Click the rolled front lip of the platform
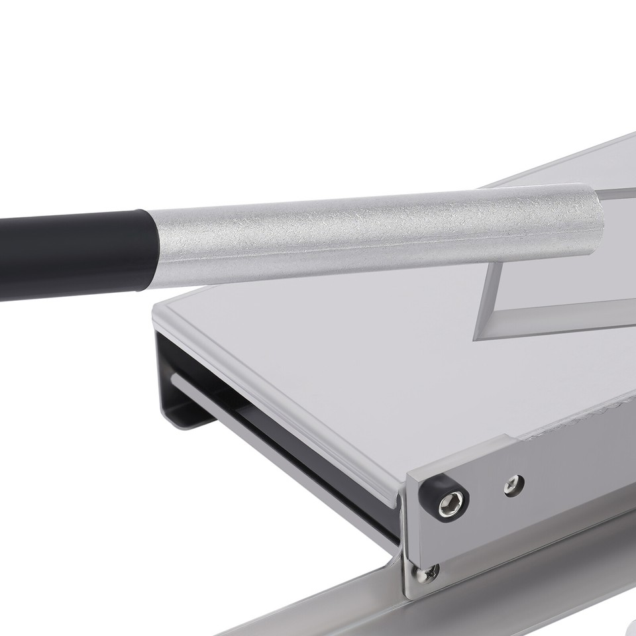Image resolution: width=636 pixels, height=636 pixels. (x=278, y=397)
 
